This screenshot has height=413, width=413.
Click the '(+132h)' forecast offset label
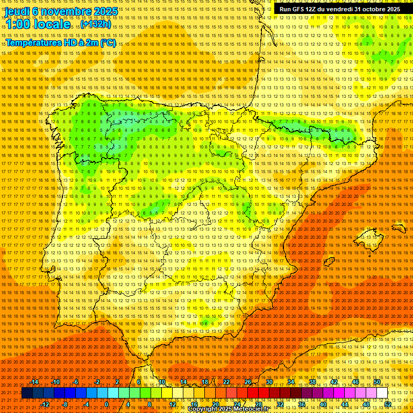(x=96, y=24)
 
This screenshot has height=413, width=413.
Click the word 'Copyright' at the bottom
(x=204, y=409)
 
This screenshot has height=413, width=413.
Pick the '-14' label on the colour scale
(x=35, y=382)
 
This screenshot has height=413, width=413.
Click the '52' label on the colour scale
(x=388, y=404)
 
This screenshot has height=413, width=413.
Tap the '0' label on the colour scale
(x=106, y=404)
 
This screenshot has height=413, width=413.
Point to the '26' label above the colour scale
(x=247, y=382)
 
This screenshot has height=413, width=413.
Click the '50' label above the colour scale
(x=377, y=382)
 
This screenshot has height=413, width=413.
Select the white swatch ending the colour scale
(x=382, y=393)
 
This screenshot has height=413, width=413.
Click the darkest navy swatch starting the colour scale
(x=27, y=393)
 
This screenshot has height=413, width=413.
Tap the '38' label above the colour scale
(x=312, y=382)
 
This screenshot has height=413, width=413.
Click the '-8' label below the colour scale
(x=65, y=404)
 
